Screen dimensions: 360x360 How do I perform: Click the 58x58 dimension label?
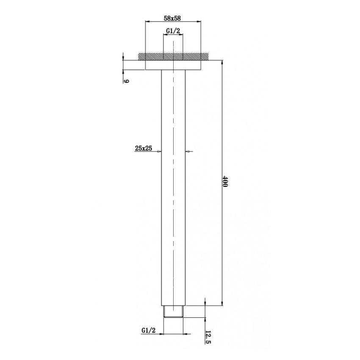click(x=172, y=18)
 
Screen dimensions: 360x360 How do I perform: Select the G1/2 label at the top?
click(x=173, y=31)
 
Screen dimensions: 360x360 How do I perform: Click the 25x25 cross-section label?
click(x=144, y=148)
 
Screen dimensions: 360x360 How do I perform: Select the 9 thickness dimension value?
click(x=126, y=80)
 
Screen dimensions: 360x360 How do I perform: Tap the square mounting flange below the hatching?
click(x=173, y=65)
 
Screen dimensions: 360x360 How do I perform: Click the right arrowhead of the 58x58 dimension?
click(x=198, y=21)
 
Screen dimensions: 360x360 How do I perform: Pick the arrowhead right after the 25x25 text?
click(x=159, y=151)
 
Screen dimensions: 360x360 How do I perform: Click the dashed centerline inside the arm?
click(x=173, y=212)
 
